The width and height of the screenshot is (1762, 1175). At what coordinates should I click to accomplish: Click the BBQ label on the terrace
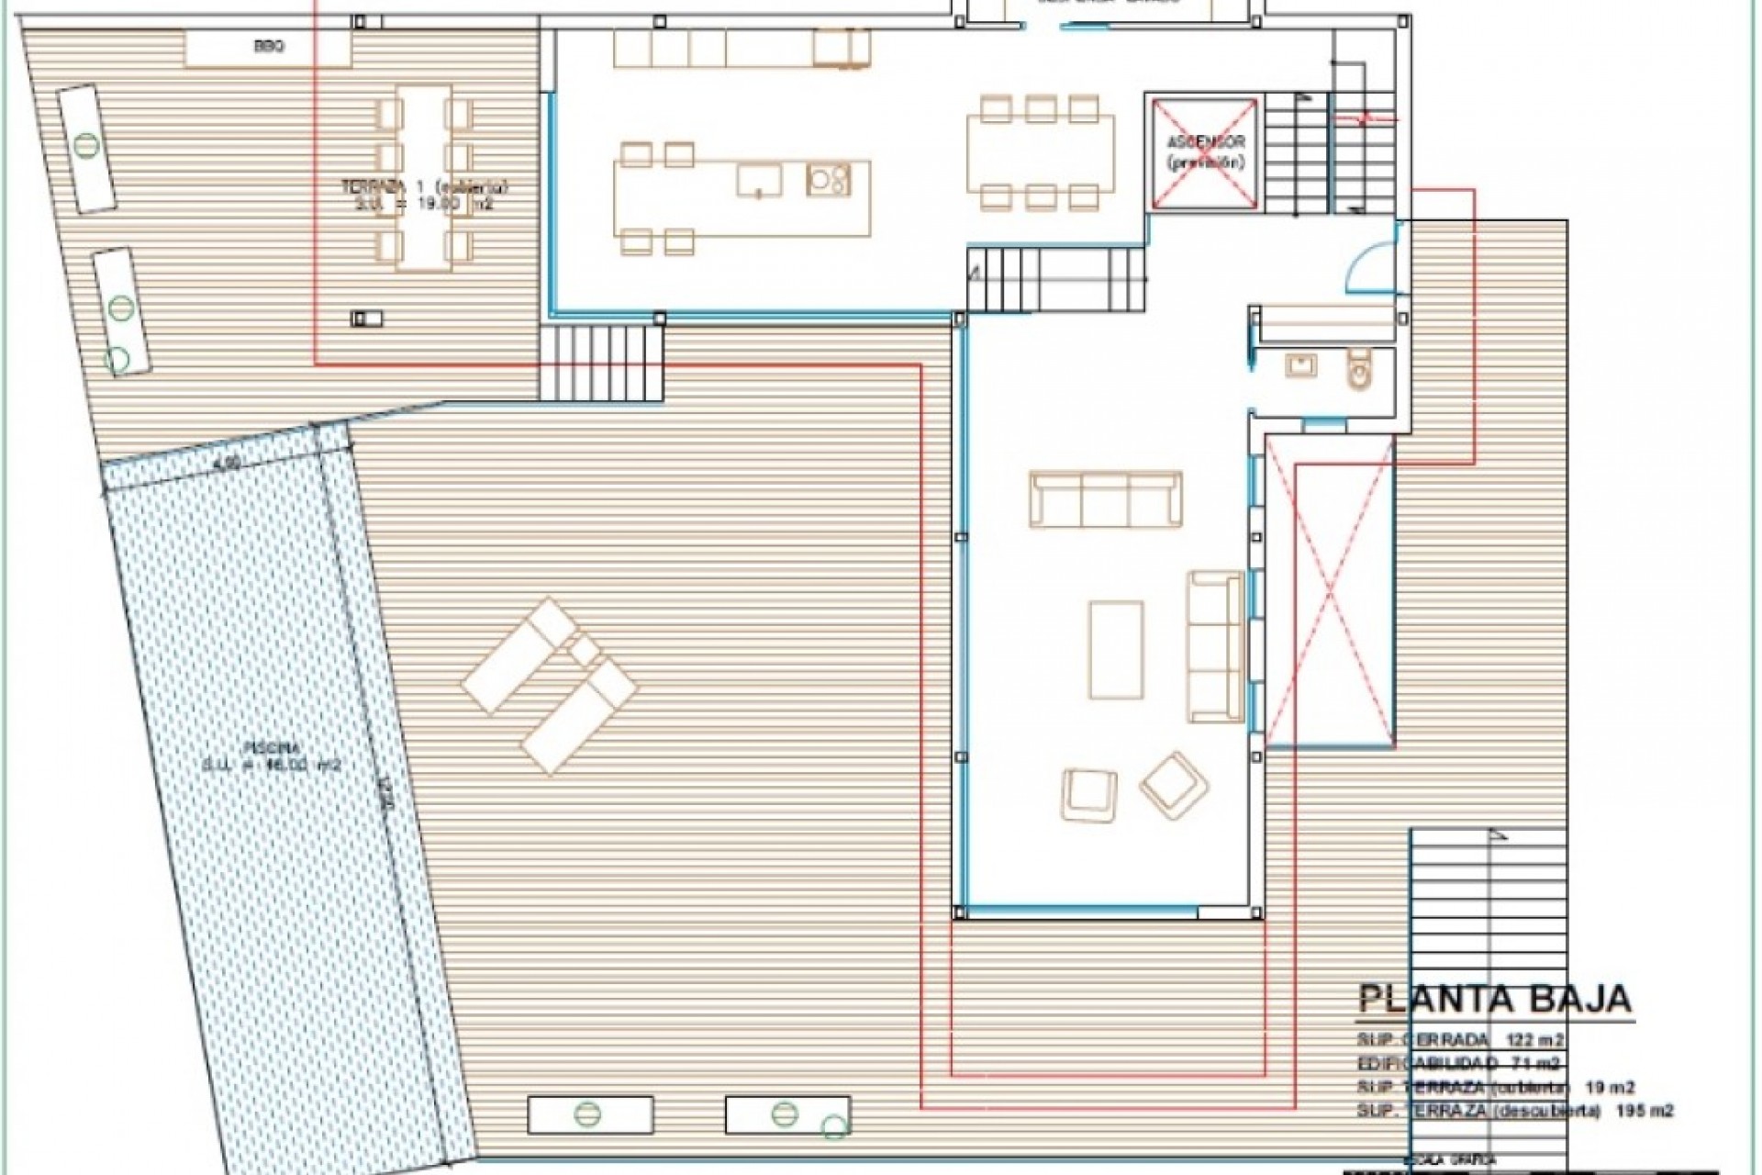(x=268, y=47)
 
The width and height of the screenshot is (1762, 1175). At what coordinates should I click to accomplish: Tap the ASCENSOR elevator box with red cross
(x=1203, y=152)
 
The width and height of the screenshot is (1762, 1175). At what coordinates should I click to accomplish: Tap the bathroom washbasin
(x=1302, y=366)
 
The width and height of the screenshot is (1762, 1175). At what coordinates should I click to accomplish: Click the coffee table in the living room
(x=1116, y=649)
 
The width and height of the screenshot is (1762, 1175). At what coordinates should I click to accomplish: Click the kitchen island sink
(x=759, y=180)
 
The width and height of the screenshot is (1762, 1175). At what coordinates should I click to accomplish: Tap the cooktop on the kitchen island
(x=828, y=180)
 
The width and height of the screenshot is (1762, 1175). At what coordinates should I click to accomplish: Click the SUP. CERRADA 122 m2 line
(x=1460, y=1040)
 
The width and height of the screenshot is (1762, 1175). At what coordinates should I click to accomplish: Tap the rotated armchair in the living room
(x=1174, y=784)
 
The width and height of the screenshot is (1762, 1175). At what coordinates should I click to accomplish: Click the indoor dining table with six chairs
(x=1040, y=153)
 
